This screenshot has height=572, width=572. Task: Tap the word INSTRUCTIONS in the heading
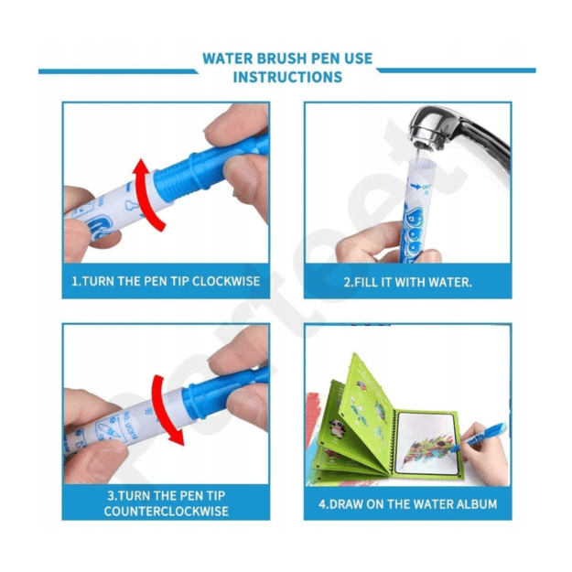click(287, 78)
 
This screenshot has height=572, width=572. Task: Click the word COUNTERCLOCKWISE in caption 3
click(167, 511)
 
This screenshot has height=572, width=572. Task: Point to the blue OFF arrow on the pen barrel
click(416, 187)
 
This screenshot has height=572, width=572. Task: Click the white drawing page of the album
click(426, 442)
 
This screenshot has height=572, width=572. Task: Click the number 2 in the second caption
click(347, 282)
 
